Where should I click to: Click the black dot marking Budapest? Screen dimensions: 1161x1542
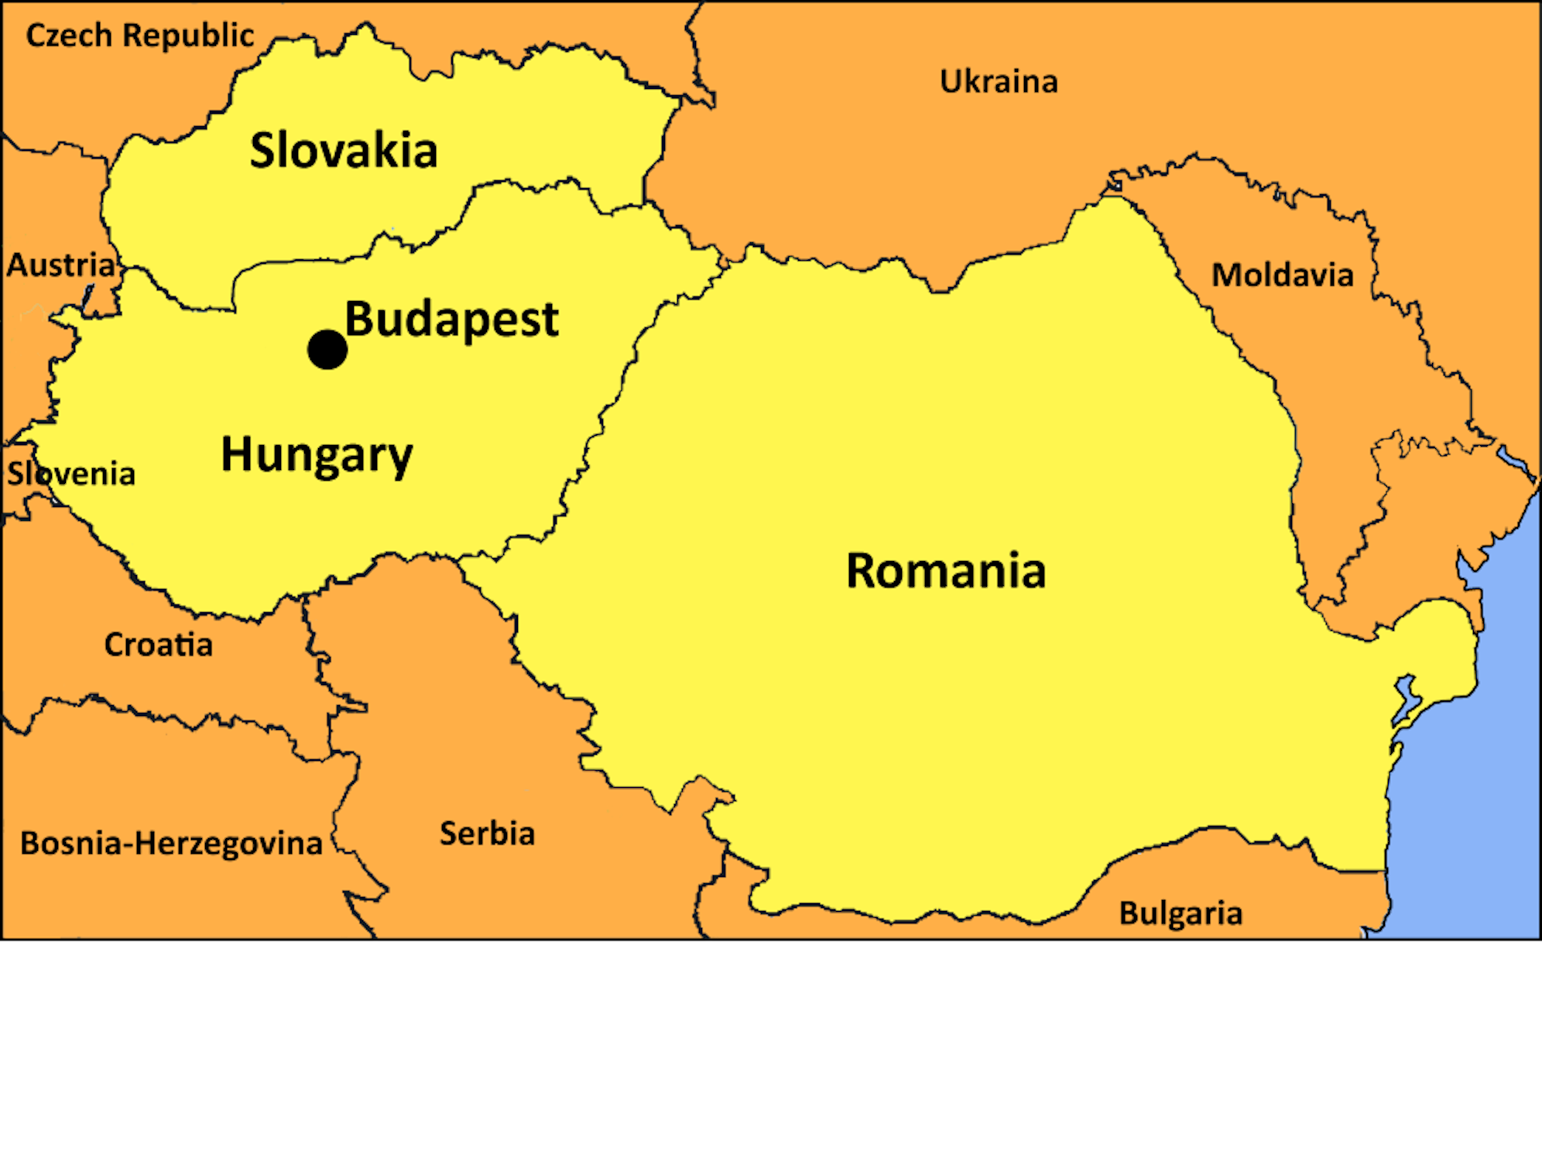[x=327, y=349]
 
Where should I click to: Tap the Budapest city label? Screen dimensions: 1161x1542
[x=451, y=320]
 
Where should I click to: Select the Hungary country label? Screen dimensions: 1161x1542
[x=317, y=454]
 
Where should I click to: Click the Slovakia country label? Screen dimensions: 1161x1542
[x=344, y=150]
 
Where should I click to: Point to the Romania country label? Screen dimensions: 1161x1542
[x=945, y=571]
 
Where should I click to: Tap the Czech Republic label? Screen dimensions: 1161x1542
[x=140, y=36]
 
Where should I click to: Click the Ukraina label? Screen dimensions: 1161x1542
[x=999, y=81]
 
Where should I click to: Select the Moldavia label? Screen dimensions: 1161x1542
[x=1282, y=275]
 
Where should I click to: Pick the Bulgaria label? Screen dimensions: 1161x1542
[x=1180, y=913]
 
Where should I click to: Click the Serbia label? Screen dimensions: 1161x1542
[x=487, y=834]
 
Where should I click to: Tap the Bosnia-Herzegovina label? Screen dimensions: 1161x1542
[x=171, y=844]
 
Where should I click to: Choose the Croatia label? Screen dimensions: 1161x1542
[x=159, y=645]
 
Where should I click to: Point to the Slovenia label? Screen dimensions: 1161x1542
[x=71, y=474]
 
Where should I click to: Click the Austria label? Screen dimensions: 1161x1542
[x=60, y=265]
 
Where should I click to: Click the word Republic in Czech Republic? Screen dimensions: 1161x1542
[x=188, y=36]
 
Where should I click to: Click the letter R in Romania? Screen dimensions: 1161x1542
[x=862, y=571]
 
